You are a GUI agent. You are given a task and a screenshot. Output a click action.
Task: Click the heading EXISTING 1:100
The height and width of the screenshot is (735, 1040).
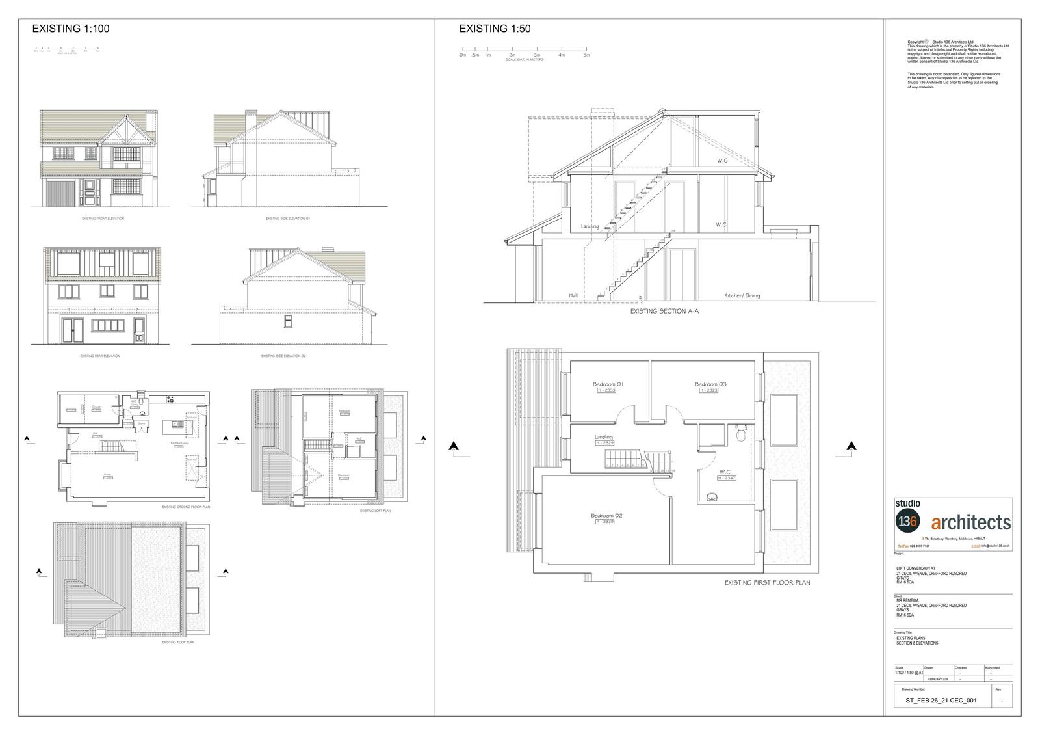click(x=71, y=29)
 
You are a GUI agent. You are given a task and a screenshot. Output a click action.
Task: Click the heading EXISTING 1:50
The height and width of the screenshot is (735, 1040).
click(x=495, y=29)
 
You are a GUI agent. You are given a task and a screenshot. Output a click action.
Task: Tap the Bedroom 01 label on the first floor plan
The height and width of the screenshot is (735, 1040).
click(x=608, y=384)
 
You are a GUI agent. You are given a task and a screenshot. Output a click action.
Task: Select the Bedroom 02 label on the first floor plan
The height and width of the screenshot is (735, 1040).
click(x=606, y=516)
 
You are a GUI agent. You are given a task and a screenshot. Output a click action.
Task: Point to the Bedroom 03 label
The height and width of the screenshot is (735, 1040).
click(x=710, y=384)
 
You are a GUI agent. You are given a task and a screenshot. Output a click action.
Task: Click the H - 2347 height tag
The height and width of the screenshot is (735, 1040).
click(x=726, y=478)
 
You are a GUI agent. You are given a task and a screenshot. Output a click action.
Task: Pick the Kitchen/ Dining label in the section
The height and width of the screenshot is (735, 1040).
click(x=742, y=296)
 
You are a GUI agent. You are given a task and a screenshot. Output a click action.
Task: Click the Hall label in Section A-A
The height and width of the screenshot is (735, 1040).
click(x=573, y=296)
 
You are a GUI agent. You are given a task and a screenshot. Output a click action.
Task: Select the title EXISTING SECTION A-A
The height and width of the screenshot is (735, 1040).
click(x=664, y=312)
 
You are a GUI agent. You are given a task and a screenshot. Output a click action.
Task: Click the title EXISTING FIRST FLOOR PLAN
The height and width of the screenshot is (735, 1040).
click(x=767, y=583)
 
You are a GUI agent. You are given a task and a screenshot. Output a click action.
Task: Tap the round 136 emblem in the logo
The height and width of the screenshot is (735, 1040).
click(x=906, y=521)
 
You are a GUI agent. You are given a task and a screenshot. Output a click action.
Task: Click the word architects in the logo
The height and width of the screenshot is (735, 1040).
click(x=971, y=522)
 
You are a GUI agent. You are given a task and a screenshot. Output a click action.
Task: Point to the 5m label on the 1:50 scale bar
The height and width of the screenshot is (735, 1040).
click(x=586, y=55)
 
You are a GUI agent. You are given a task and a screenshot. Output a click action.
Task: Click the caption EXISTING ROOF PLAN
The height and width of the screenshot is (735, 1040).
click(x=177, y=642)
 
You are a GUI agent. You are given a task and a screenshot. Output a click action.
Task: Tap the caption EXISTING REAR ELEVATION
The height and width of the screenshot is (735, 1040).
click(x=100, y=356)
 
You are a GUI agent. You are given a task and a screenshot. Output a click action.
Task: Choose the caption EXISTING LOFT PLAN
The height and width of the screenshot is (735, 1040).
click(x=376, y=511)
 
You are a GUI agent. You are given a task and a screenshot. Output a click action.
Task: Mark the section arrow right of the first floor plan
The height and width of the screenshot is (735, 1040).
click(x=851, y=446)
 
